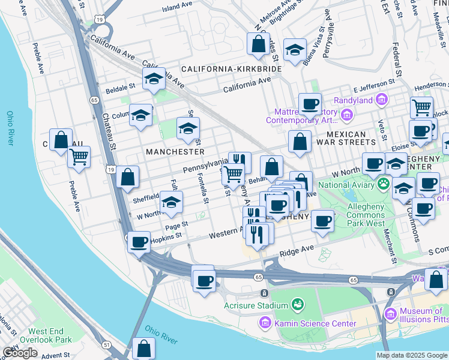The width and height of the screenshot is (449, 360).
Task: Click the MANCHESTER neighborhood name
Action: pos(175,152)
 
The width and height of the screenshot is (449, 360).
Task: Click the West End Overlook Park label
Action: pos(50,335)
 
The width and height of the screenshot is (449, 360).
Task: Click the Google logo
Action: pos(20,353)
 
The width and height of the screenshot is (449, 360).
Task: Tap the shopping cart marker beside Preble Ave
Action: pos(79,157)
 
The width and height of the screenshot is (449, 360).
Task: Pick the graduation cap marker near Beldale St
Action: pos(154,79)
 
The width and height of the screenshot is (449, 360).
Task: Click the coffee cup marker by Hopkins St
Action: pos(139,242)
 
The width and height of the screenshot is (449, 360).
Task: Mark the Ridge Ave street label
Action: pos(297,250)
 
